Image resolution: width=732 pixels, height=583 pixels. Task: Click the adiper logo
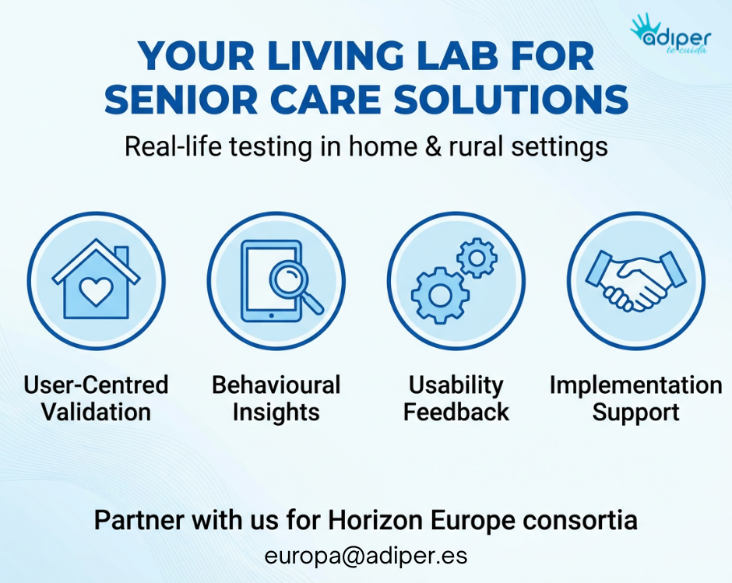670,34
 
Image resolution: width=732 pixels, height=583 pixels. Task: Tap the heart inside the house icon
96,292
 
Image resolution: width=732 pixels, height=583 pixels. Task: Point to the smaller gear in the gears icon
477,258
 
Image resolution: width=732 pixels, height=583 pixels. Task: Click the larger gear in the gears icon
438,295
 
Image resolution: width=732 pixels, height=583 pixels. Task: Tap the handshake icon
635,281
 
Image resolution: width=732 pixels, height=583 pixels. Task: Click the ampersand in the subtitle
433,146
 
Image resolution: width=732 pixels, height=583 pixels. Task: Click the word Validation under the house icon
96,413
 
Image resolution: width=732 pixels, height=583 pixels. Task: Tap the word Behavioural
276,385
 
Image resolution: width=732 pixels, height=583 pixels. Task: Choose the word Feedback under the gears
456,413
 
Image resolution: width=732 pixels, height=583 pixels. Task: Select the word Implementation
636,385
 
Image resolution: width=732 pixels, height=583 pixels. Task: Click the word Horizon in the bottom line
376,520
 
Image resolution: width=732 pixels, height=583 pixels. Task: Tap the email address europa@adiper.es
366,556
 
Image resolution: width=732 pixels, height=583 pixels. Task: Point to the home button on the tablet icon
271,316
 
